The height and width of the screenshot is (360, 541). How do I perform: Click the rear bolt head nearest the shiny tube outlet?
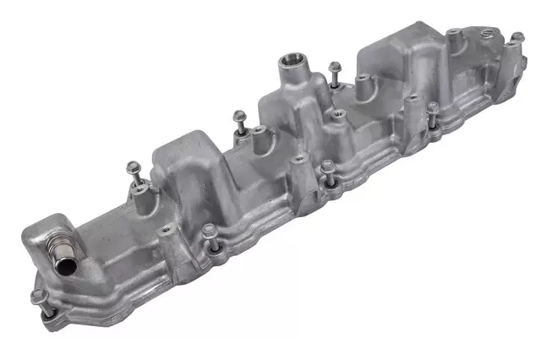pyautogui.click(x=132, y=166)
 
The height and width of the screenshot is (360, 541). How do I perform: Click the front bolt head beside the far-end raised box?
pyautogui.click(x=432, y=107)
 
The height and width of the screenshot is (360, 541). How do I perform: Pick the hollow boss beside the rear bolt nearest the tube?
pyautogui.click(x=139, y=194)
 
